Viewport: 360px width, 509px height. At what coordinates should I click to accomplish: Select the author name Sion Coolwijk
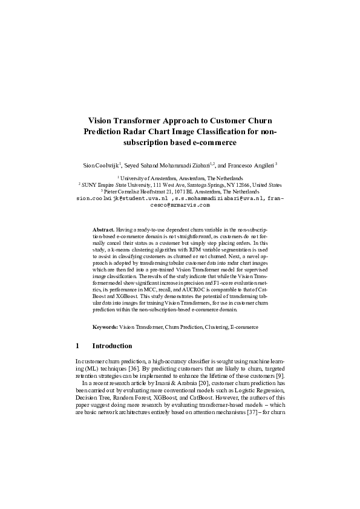pyautogui.click(x=101, y=164)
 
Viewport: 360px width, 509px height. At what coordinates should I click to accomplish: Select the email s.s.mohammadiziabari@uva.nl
pyautogui.click(x=219, y=198)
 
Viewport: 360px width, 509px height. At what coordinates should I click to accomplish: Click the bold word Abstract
pyautogui.click(x=102, y=230)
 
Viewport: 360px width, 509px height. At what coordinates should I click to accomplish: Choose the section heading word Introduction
pyautogui.click(x=112, y=346)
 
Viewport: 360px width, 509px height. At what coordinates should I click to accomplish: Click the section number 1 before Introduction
pyautogui.click(x=77, y=346)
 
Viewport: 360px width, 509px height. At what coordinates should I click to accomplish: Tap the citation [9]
pyautogui.click(x=280, y=375)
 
